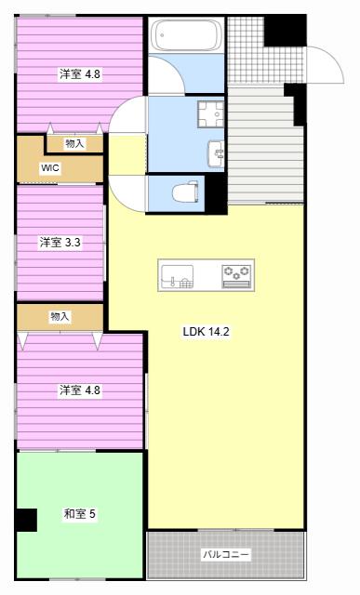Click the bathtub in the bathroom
pos(186,35)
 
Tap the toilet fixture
pos(186,192)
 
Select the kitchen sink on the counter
pos(178,277)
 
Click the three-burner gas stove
pos(237,276)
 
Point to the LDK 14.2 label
pos(206,332)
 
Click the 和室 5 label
pos(79,514)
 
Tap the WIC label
pos(50,167)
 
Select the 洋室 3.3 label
pos(60,242)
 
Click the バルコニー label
pos(226,554)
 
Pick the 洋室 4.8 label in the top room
pos(79,74)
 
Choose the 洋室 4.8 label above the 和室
pos(79,390)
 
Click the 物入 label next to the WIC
pos(74,143)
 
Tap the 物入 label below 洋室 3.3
pos(60,316)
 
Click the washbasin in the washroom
pos(216,153)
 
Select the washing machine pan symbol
pos(211,113)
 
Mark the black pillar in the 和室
pos(26,520)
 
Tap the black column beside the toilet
pos(216,193)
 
